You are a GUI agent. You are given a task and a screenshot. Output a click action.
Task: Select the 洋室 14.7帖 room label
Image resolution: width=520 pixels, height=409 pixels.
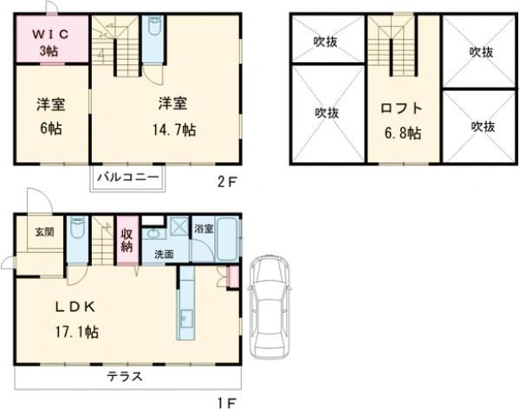[x=176, y=117]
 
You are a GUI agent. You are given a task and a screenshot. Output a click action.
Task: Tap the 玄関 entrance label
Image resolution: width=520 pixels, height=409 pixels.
[x=43, y=233]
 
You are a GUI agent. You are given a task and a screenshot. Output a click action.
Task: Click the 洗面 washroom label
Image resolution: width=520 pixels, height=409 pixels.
[x=164, y=255]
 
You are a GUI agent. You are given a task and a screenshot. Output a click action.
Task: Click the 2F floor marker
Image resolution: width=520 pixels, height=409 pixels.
[x=227, y=182]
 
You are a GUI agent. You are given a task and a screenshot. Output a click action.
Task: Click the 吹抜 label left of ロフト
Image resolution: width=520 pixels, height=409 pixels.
[x=327, y=112]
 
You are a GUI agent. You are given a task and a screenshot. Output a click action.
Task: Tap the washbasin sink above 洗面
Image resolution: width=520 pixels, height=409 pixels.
[x=153, y=234]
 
